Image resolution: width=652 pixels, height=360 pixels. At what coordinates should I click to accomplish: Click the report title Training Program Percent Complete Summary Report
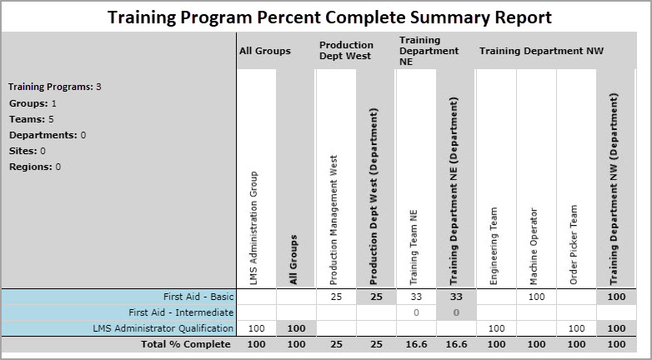[329, 17]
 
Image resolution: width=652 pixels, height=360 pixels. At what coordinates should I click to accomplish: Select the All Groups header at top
[264, 51]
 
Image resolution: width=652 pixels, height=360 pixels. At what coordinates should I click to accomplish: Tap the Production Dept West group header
[346, 51]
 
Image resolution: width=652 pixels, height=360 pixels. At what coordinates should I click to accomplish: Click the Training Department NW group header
[540, 51]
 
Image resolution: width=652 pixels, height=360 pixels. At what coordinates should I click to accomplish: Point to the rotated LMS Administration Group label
[254, 226]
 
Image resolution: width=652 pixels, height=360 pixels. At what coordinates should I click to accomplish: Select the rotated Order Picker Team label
[575, 246]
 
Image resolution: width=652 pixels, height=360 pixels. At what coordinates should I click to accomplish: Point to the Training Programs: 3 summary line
[55, 87]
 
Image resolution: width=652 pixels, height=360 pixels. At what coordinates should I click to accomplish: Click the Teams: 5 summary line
[31, 119]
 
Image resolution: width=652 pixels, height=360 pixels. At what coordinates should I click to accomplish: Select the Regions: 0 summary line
[35, 167]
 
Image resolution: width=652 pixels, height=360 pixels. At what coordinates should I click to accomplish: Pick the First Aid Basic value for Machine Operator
[536, 297]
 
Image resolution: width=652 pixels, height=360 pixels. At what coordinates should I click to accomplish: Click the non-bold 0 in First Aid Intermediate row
[415, 312]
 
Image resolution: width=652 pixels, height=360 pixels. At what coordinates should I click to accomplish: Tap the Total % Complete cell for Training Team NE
[415, 344]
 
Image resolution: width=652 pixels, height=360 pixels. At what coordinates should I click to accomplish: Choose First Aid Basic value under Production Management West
[335, 297]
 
